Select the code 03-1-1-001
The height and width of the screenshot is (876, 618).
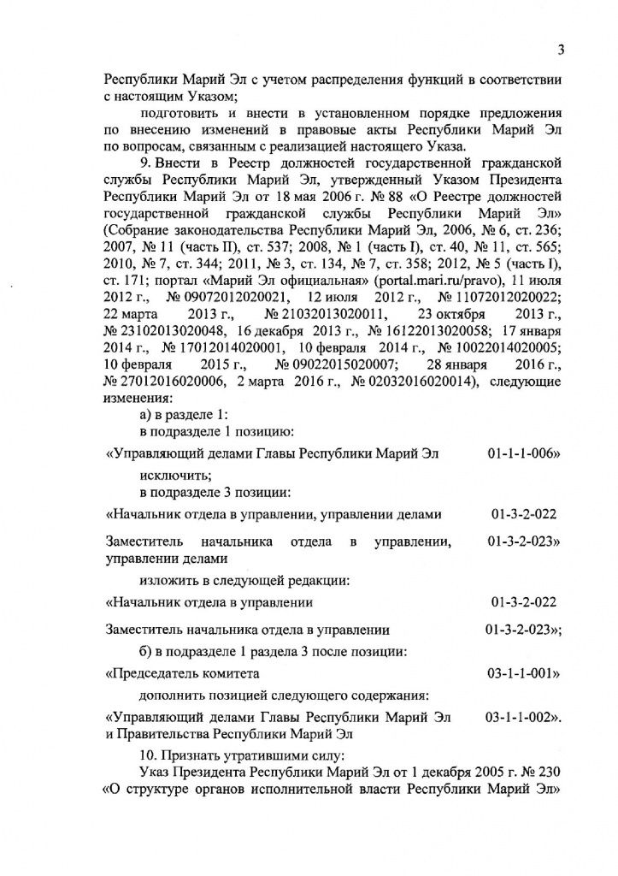[x=522, y=673]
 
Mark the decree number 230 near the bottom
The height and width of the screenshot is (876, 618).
[x=548, y=772]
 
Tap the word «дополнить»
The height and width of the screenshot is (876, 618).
[x=174, y=694]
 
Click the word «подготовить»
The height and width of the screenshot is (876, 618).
[x=180, y=114]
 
